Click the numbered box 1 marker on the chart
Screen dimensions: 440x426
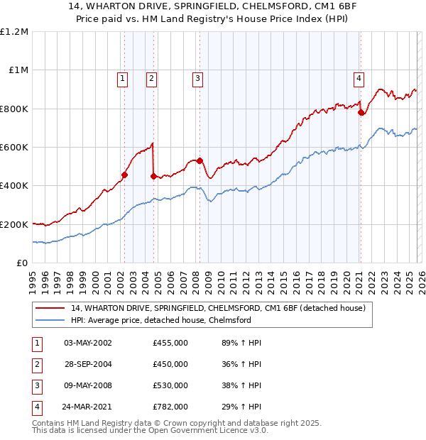tap(124, 79)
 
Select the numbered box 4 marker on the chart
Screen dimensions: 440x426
tap(359, 79)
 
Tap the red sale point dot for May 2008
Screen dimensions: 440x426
tap(200, 160)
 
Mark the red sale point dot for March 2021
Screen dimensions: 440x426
tap(361, 112)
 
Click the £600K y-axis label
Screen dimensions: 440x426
tap(14, 148)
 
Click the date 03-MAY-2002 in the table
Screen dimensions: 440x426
tap(87, 343)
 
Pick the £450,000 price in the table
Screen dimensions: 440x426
tap(170, 364)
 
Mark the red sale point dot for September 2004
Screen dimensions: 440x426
tap(153, 176)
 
